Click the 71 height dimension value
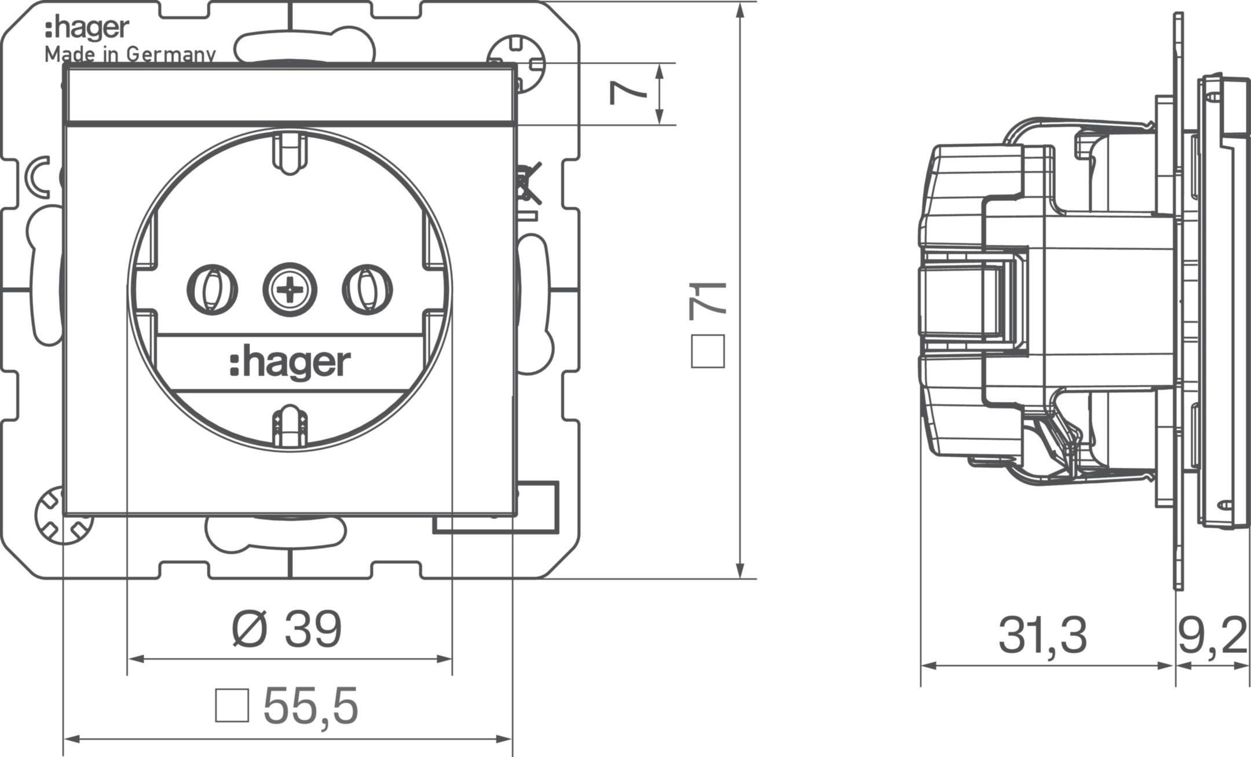708,301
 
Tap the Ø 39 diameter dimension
287,630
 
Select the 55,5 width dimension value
311,705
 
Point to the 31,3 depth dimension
1042,636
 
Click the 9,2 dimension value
1212,636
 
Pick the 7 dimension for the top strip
628,93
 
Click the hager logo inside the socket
290,363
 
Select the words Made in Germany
130,54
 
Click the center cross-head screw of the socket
290,288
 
